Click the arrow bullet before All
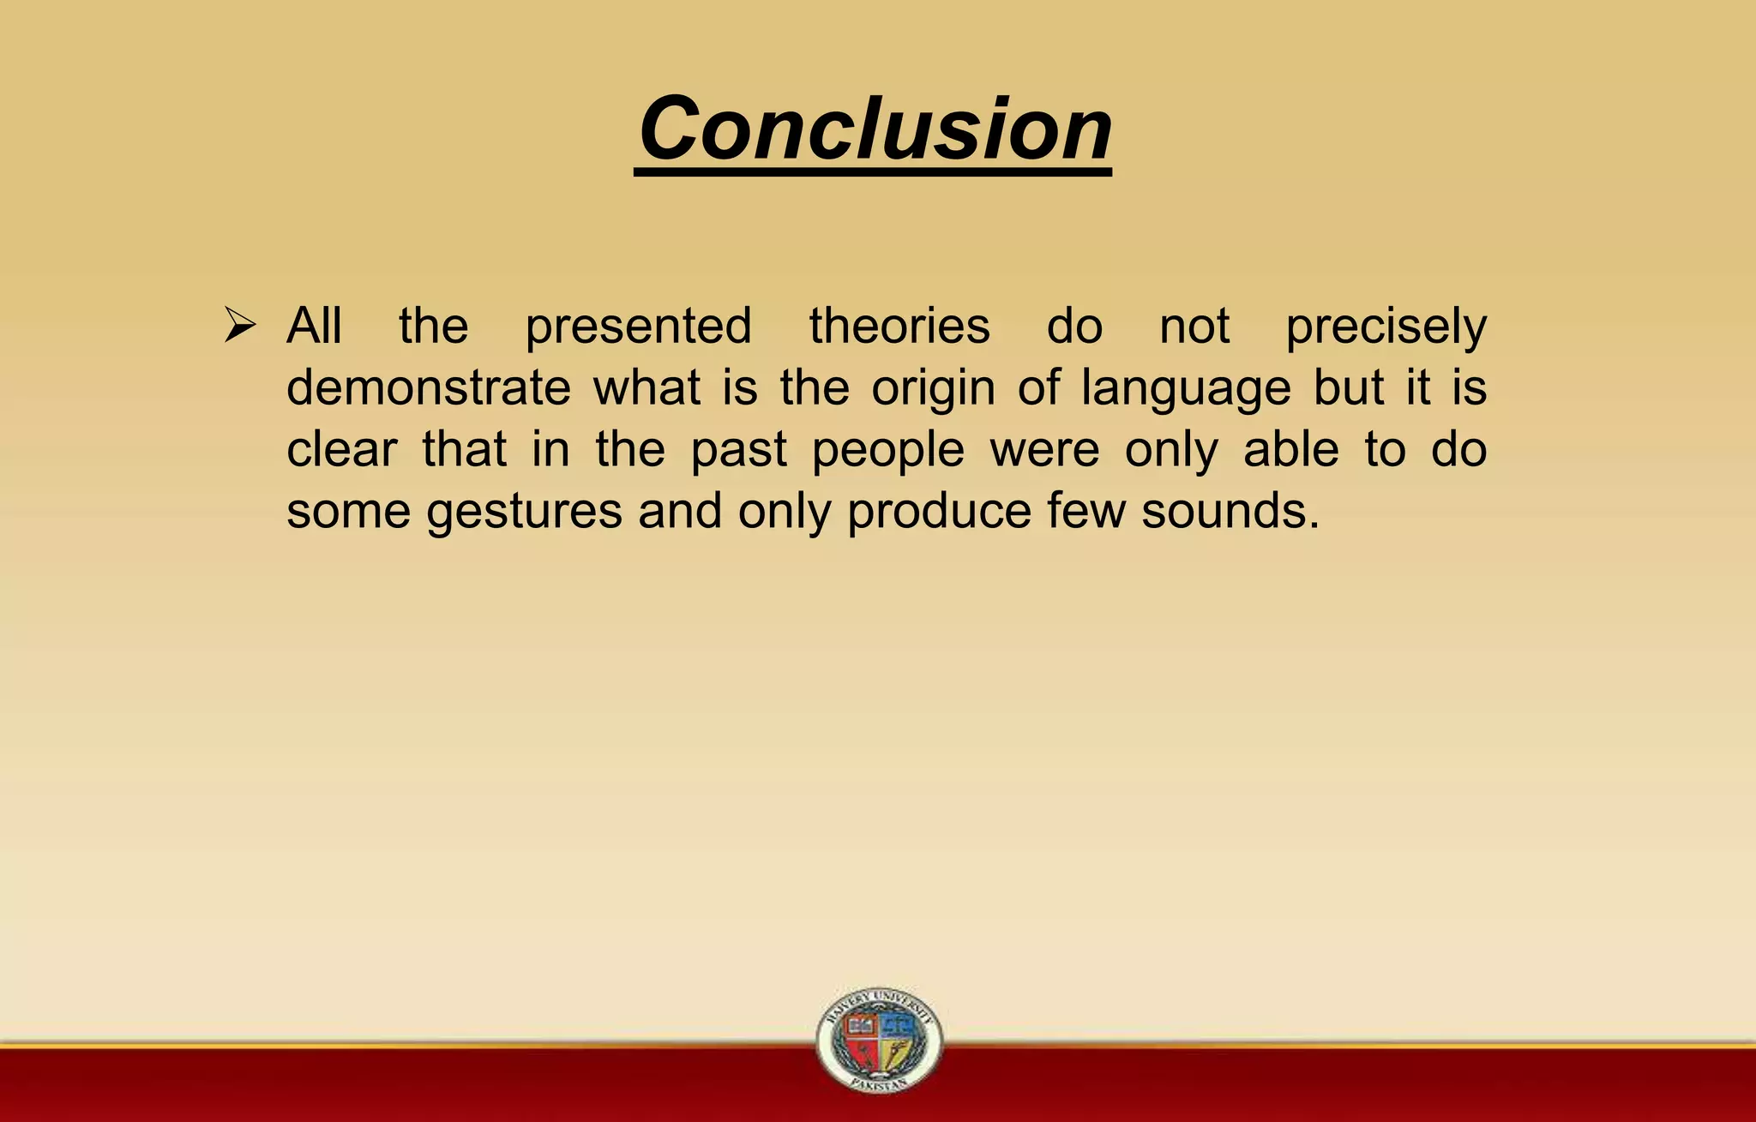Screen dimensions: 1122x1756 point(240,326)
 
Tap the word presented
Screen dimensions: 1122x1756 point(639,327)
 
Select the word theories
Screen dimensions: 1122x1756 point(899,326)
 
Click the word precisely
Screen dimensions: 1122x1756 point(1386,327)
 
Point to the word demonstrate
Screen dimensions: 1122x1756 point(428,387)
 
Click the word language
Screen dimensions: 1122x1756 point(1186,389)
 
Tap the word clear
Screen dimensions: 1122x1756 point(341,449)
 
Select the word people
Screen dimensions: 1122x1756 point(888,451)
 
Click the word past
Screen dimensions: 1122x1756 point(738,451)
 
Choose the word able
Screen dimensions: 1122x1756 point(1290,449)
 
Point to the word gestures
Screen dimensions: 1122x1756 point(524,513)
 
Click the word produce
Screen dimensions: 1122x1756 point(939,513)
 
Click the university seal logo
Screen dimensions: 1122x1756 point(879,1039)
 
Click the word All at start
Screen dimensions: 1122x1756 point(314,326)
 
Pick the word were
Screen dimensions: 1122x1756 point(1044,449)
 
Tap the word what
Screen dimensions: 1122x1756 point(646,387)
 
